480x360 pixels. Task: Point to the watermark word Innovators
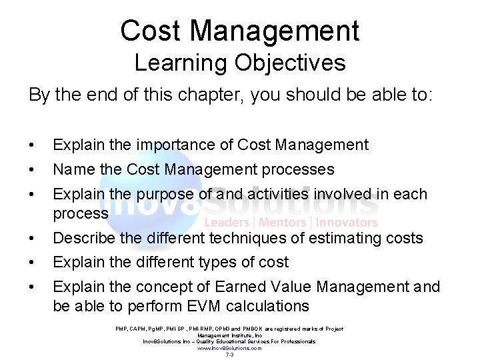click(347, 223)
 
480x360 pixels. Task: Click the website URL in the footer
click(229, 348)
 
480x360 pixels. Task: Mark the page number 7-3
click(229, 355)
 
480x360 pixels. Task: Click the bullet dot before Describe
click(31, 238)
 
